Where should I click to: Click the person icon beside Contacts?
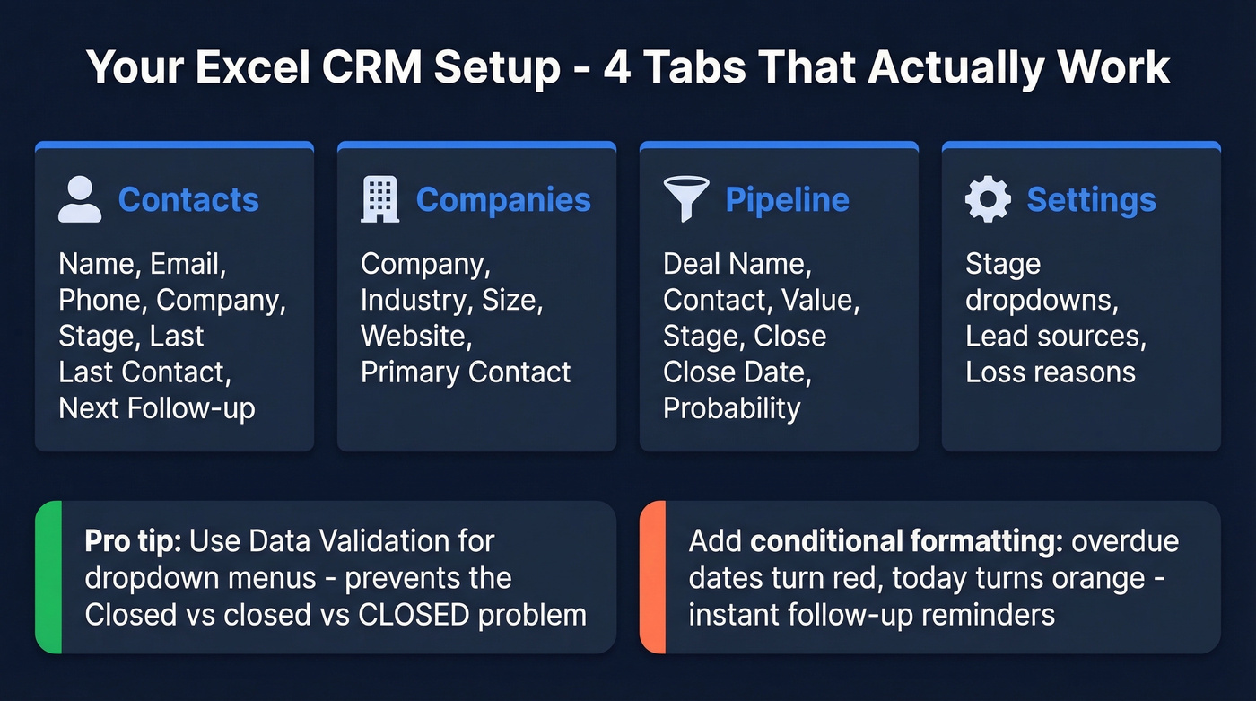(80, 199)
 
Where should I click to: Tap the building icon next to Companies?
(379, 199)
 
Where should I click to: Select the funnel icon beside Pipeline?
(685, 199)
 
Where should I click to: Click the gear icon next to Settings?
(988, 199)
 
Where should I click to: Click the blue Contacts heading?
(188, 199)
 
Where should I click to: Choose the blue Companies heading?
(503, 199)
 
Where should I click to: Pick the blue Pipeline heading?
(787, 199)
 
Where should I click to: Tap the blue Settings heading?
(1091, 199)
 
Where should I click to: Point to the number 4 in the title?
(616, 66)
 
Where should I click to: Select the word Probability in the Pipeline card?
(731, 408)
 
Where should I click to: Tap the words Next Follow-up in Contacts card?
(157, 408)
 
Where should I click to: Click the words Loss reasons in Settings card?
(1050, 372)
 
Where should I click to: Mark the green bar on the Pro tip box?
(48, 577)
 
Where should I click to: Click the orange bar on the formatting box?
(652, 577)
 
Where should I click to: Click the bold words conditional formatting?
(906, 541)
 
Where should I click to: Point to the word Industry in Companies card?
(416, 300)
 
